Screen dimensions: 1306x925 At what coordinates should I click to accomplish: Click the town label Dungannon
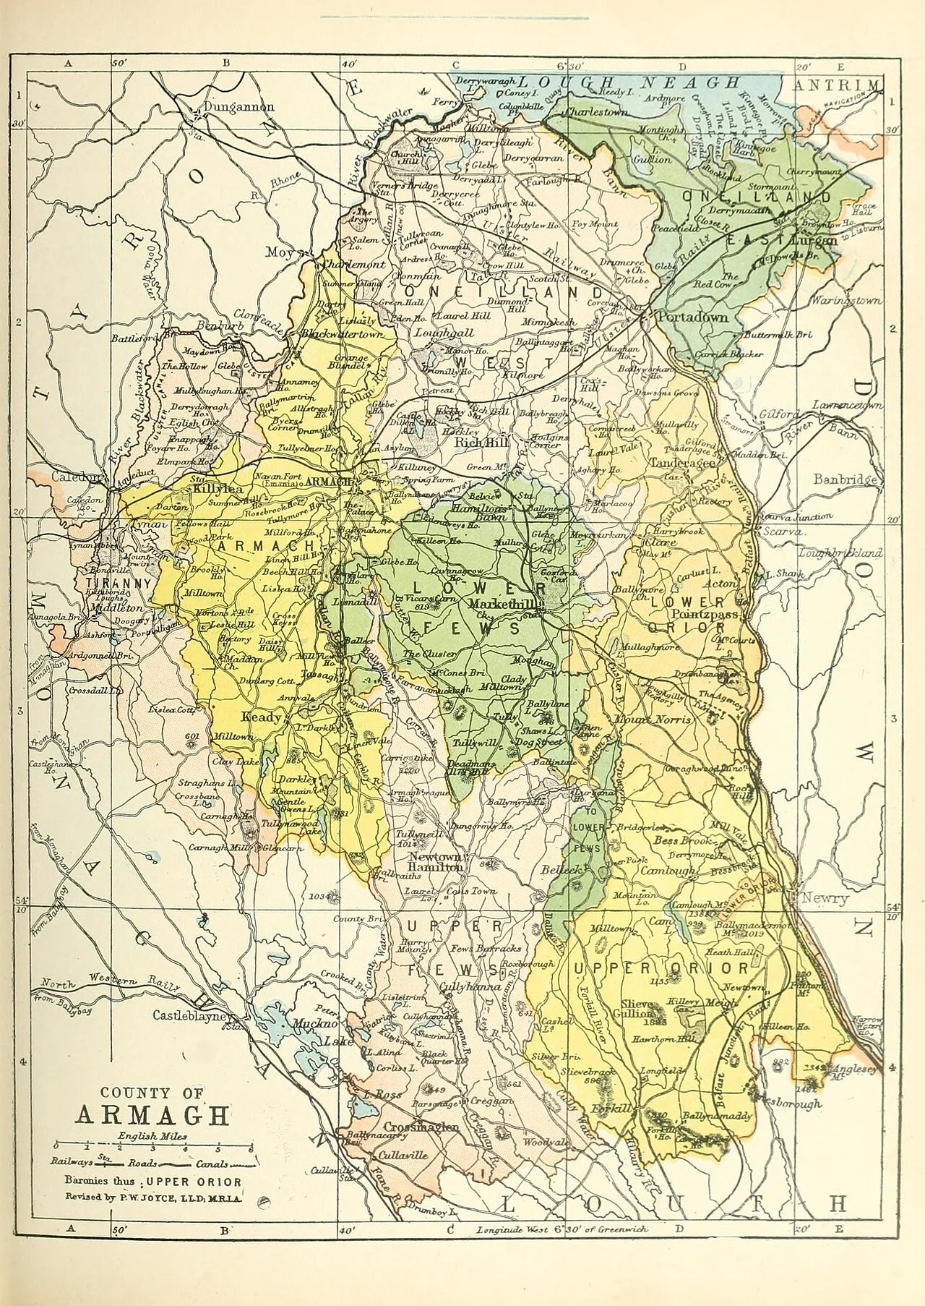(x=239, y=107)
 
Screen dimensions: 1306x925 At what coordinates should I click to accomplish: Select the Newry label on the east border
(x=827, y=899)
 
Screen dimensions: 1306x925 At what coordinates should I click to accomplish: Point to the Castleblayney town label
(x=191, y=1016)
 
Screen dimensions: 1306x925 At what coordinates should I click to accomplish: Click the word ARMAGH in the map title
(x=152, y=1115)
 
